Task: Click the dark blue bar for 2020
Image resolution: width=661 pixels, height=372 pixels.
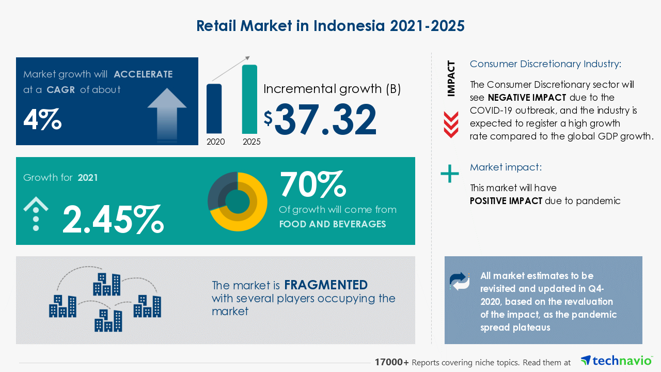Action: click(x=214, y=109)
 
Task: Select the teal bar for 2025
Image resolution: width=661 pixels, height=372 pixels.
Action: click(x=249, y=99)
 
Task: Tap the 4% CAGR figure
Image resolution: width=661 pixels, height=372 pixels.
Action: click(x=42, y=119)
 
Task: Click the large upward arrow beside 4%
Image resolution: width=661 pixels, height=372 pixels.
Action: click(x=167, y=115)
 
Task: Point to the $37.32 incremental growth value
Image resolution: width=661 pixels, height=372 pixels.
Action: click(x=320, y=119)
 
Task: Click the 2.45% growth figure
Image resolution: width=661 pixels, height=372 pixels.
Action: click(x=113, y=220)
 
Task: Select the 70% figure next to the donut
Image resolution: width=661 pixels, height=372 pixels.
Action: click(x=313, y=184)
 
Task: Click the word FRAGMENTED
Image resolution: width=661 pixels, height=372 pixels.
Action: click(x=326, y=285)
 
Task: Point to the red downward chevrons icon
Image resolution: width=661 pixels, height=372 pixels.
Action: click(x=451, y=125)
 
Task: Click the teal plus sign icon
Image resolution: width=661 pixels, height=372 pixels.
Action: click(x=450, y=174)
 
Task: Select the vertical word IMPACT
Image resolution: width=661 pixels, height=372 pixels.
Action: click(x=451, y=79)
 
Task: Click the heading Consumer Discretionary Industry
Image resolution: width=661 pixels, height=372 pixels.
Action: click(x=545, y=64)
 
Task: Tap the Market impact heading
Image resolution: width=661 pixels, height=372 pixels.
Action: click(x=506, y=167)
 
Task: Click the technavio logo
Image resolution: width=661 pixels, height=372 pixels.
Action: click(x=617, y=361)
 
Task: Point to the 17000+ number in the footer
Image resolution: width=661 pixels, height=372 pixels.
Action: click(x=391, y=362)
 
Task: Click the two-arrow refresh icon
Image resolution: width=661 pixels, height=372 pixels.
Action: click(x=460, y=282)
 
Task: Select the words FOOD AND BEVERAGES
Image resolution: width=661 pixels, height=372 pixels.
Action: click(x=333, y=224)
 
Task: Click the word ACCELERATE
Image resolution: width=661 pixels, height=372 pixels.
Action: click(x=143, y=74)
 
